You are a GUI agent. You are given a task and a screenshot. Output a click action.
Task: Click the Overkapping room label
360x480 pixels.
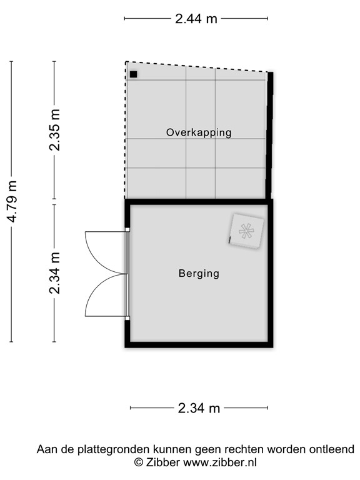pyautogui.click(x=199, y=132)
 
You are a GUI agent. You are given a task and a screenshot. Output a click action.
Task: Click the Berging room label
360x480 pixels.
pyautogui.click(x=199, y=273)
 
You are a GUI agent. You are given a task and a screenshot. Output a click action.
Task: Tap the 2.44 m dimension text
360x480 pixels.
pyautogui.click(x=196, y=19)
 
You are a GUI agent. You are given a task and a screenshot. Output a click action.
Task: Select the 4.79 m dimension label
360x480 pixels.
pyautogui.click(x=11, y=201)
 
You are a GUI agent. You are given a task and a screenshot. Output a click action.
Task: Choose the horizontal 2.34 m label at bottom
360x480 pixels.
pyautogui.click(x=199, y=409)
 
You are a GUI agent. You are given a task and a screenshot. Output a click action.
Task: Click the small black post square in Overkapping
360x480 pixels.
pyautogui.click(x=133, y=74)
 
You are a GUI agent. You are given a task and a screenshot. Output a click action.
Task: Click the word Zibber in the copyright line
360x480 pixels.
pyautogui.click(x=164, y=462)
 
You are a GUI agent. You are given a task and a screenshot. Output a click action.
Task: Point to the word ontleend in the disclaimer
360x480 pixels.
pyautogui.click(x=334, y=449)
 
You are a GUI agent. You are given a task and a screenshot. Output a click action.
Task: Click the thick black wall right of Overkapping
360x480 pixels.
pyautogui.click(x=270, y=134)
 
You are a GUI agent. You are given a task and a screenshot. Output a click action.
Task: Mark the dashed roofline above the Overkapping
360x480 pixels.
pyautogui.click(x=197, y=67)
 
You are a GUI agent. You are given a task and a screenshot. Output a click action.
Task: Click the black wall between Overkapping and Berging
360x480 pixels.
pyautogui.click(x=199, y=201)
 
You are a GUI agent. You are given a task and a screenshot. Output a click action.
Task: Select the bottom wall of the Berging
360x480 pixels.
pyautogui.click(x=199, y=344)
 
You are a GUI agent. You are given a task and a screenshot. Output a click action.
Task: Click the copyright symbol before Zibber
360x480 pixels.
pyautogui.click(x=139, y=462)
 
